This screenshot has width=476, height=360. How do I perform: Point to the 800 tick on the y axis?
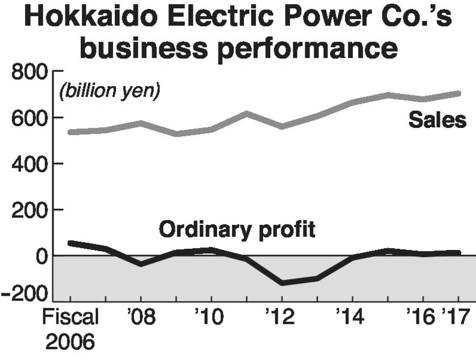pyautogui.click(x=30, y=73)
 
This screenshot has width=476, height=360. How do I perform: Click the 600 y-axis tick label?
pyautogui.click(x=30, y=118)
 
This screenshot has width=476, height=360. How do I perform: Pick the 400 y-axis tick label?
pyautogui.click(x=30, y=164)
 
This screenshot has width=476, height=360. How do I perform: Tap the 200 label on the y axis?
pyautogui.click(x=30, y=210)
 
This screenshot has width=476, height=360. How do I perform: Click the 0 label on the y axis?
pyautogui.click(x=43, y=256)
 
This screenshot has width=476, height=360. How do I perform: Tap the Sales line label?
pyautogui.click(x=437, y=120)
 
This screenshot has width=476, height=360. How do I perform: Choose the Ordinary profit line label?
pyautogui.click(x=236, y=229)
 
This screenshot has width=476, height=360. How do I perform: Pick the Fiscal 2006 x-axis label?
pyautogui.click(x=70, y=328)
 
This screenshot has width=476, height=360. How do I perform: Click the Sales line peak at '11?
pyautogui.click(x=247, y=113)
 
